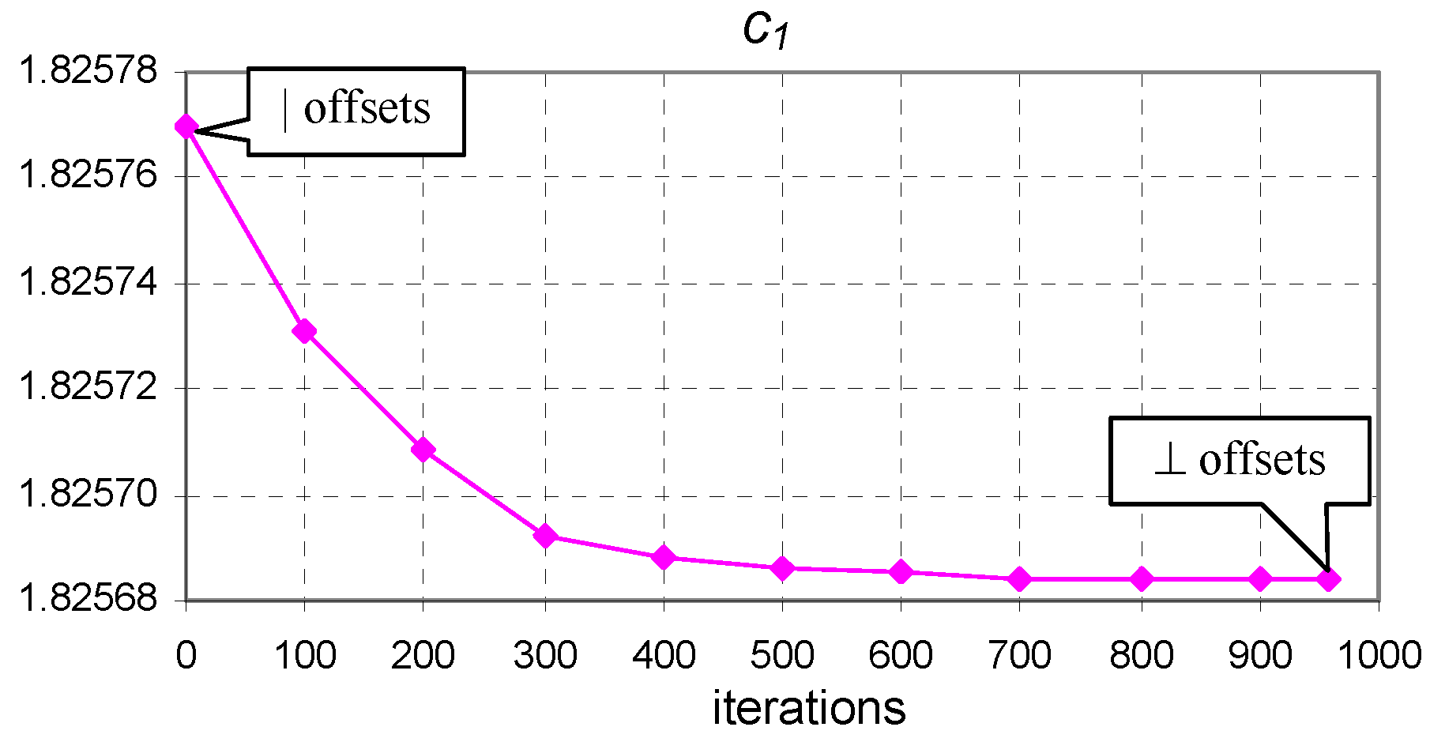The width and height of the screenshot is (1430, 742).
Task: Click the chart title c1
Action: tap(766, 31)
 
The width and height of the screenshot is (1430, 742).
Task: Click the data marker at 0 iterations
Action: tap(186, 126)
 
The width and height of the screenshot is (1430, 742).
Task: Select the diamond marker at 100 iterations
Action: tap(304, 331)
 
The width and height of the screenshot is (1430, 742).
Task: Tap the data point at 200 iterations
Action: tap(423, 450)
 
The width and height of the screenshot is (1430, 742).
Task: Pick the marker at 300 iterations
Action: tap(545, 536)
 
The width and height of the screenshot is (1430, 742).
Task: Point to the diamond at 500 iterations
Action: tap(782, 568)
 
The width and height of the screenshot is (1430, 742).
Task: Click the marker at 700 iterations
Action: tap(1019, 579)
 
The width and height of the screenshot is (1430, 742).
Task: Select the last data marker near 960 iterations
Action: tap(1328, 579)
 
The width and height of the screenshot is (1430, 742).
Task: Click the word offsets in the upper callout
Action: tap(367, 108)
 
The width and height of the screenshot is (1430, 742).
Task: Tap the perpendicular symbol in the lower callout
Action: tap(1169, 461)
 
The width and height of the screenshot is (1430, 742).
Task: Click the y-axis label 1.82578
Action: tap(88, 71)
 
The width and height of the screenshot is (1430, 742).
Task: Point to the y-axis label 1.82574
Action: tap(88, 283)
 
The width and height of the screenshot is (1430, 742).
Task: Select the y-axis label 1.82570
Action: tap(88, 495)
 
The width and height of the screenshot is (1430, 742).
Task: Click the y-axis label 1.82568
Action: tap(88, 598)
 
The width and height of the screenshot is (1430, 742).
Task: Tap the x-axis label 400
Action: tap(664, 656)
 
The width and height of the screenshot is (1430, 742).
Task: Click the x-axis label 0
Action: tap(186, 656)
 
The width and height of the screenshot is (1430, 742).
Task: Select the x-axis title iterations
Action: tap(808, 708)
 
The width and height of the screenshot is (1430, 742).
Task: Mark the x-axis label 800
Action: tap(1141, 656)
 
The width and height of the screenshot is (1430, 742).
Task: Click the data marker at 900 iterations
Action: tap(1260, 579)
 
